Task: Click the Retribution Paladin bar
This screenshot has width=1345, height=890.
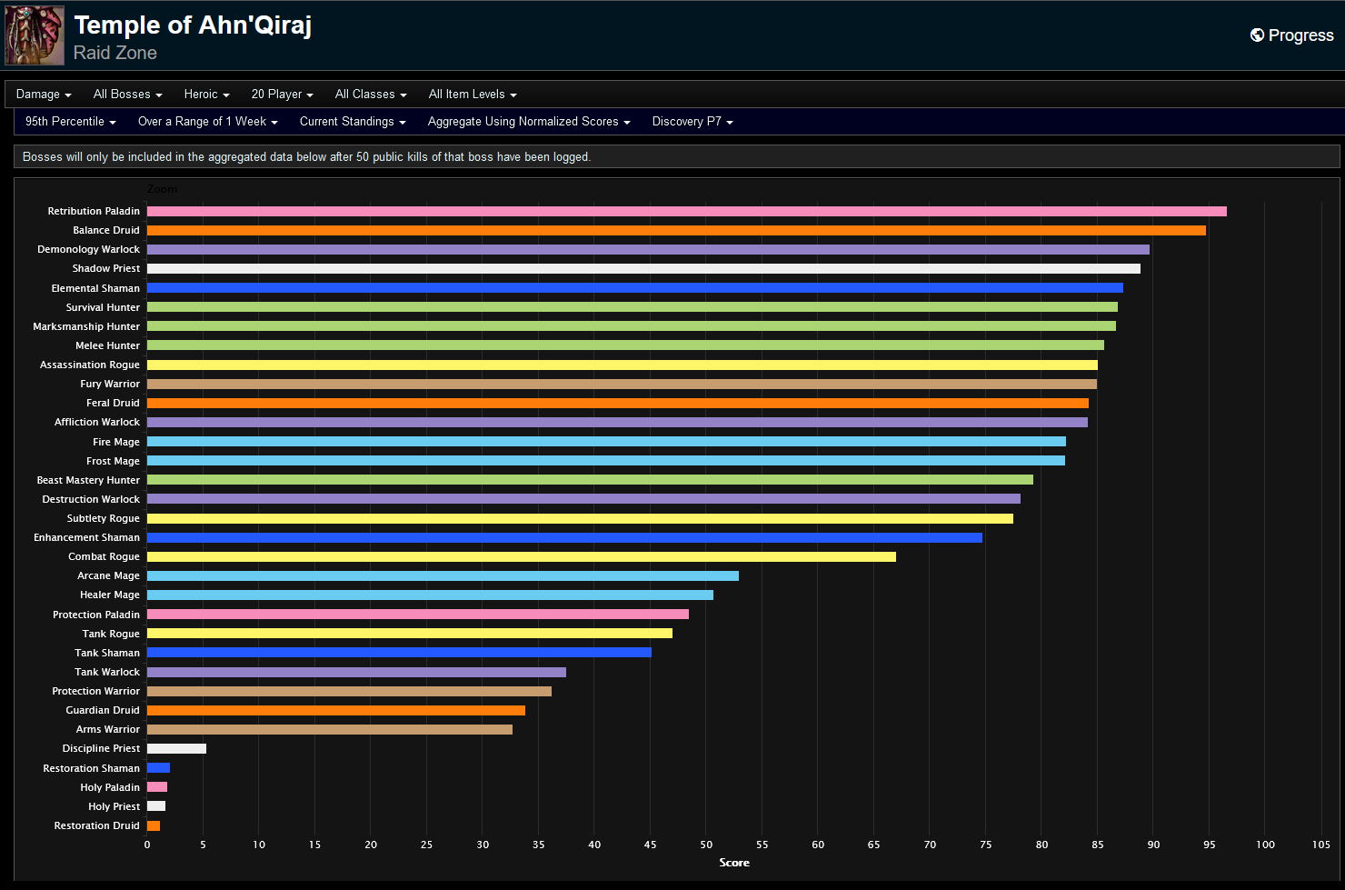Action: click(686, 211)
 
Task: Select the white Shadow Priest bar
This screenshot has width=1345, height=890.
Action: click(643, 268)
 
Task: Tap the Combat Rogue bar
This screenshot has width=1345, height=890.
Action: click(521, 556)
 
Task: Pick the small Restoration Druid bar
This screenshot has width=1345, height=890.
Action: click(154, 825)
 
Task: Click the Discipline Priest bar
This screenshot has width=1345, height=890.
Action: click(176, 748)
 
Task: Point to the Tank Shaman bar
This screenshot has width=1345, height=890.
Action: click(399, 652)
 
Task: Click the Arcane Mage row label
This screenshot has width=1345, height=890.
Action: click(108, 575)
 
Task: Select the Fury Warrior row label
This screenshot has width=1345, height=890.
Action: click(109, 384)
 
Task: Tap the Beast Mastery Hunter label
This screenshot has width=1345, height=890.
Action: click(88, 480)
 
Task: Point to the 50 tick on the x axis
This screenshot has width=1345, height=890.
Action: click(706, 845)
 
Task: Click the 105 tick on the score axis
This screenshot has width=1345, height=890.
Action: click(1320, 845)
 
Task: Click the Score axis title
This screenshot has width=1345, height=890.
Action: click(734, 863)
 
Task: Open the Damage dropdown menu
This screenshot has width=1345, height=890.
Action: click(43, 95)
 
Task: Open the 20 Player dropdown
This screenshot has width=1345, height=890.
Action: click(282, 95)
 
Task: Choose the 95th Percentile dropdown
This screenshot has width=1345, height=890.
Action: click(70, 122)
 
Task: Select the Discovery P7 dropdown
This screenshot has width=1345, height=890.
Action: click(692, 122)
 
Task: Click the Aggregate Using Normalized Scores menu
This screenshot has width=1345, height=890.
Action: click(528, 122)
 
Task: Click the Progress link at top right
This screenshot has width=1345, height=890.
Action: click(1292, 35)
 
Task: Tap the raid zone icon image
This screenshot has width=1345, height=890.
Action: click(35, 35)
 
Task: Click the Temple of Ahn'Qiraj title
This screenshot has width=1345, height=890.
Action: click(193, 25)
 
